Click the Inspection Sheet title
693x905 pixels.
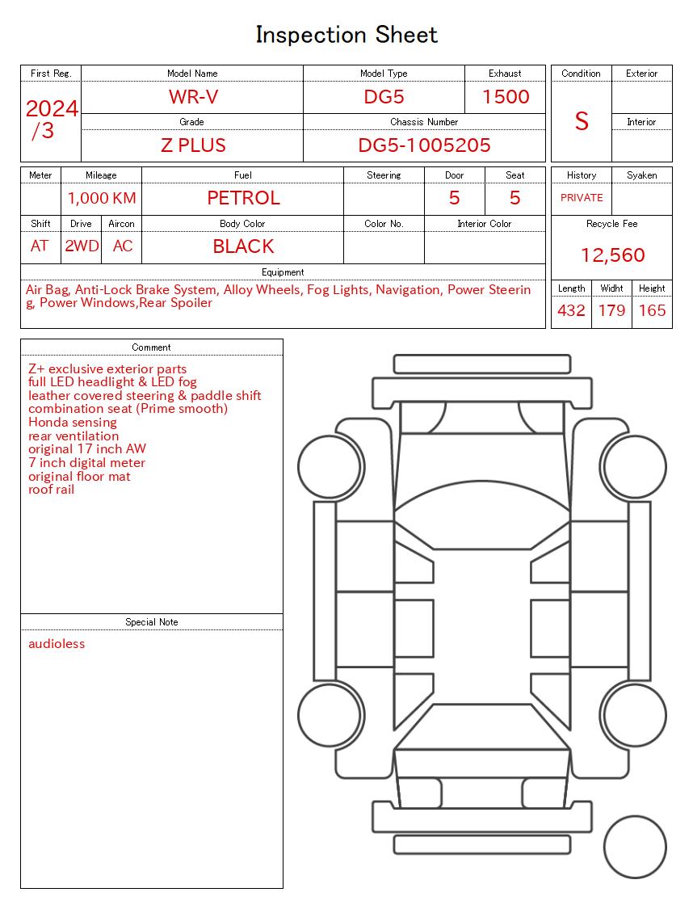pos(346,35)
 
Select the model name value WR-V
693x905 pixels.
pos(193,97)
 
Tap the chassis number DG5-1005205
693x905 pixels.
pos(424,145)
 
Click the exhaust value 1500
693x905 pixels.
pos(506,97)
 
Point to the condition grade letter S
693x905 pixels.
pos(582,121)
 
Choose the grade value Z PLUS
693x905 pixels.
pos(193,145)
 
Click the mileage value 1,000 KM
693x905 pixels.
pos(102,198)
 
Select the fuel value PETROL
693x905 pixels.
pos(243,198)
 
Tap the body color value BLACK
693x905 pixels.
pos(243,246)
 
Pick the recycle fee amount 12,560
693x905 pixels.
pos(612,255)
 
